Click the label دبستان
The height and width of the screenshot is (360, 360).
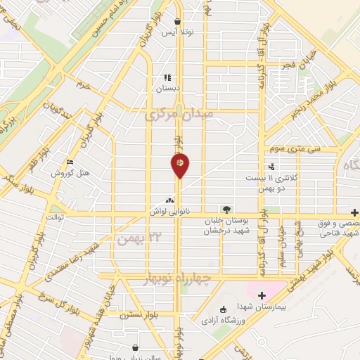168,89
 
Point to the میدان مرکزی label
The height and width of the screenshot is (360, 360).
178,115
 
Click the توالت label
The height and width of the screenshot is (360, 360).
55,217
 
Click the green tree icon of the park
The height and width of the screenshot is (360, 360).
226,209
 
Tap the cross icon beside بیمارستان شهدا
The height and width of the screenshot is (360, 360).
262,295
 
